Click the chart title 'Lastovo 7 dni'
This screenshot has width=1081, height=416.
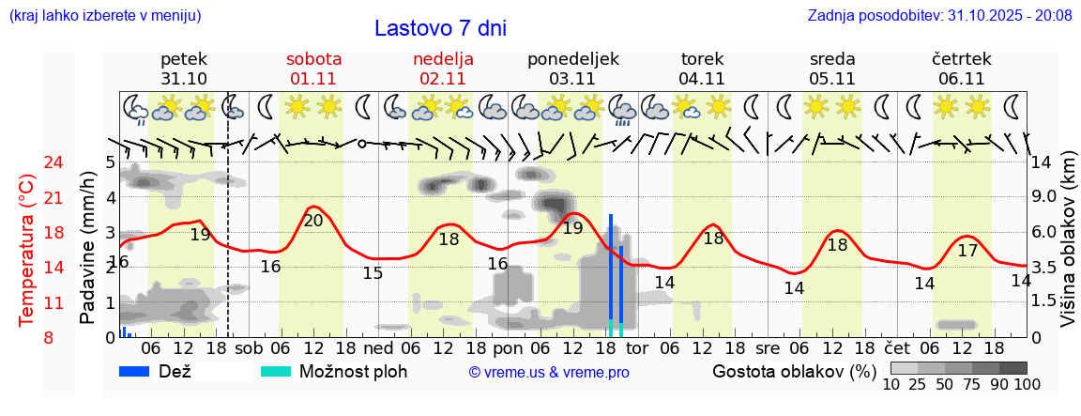440,28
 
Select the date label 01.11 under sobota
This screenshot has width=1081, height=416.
313,79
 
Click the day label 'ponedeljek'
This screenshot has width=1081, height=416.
573,59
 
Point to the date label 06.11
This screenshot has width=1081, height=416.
961,79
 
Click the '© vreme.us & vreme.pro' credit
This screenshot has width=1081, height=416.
549,373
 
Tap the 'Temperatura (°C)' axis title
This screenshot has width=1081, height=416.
27,250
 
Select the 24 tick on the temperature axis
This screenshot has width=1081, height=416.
53,162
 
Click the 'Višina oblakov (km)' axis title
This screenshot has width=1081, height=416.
1069,249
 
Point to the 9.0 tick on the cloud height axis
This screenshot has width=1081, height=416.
1043,197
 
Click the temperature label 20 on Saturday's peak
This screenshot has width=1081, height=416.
313,221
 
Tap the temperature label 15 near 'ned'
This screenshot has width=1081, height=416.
373,273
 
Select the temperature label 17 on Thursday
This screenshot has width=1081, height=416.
967,251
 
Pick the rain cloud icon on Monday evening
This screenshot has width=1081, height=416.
622,109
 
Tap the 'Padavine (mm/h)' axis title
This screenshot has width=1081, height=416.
88,248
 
